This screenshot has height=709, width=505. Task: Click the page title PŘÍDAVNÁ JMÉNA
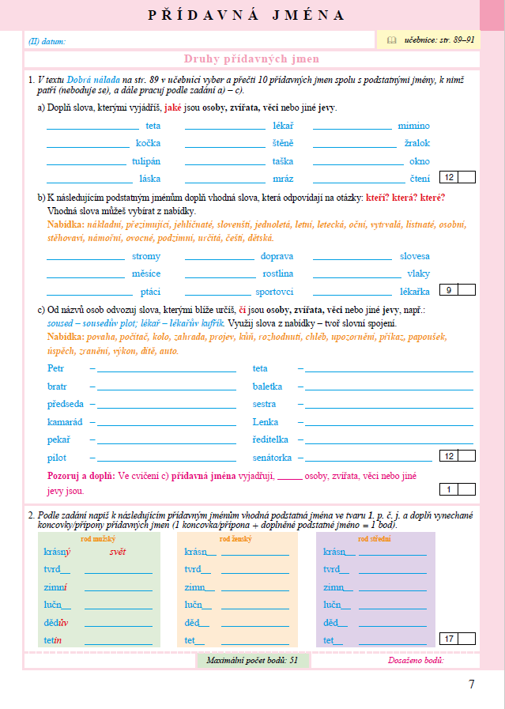[247, 15]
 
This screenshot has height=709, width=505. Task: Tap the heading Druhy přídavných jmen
[251, 59]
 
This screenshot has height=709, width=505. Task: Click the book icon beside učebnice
[391, 40]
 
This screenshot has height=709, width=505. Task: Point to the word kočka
[148, 143]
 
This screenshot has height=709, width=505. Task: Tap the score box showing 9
[449, 290]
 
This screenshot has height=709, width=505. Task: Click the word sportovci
[274, 291]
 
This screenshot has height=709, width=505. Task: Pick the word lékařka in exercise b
[414, 291]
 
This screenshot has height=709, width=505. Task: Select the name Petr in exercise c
[55, 368]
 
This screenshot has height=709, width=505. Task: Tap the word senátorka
[273, 458]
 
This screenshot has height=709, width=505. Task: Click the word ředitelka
[271, 439]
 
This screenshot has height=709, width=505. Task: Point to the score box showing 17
[449, 639]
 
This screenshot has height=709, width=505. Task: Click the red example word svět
[118, 552]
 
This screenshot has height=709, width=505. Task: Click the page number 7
[472, 684]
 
